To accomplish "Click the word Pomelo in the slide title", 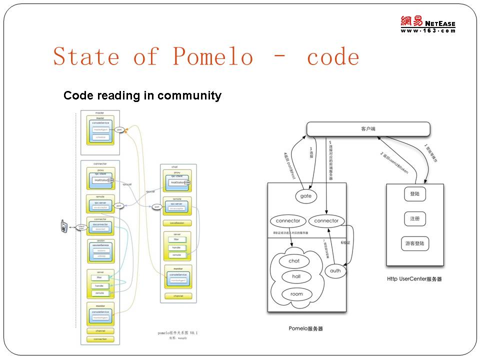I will (x=213, y=56).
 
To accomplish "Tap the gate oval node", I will (x=306, y=196).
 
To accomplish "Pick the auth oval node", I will (x=335, y=271).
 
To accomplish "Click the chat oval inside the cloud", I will (x=294, y=260).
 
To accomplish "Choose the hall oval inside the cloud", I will (x=296, y=277).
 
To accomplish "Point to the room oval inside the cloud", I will (x=296, y=294).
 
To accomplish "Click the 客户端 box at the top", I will (x=368, y=129).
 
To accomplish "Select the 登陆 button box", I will (x=414, y=194).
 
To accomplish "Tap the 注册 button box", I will (x=414, y=218).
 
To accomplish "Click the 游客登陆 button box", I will (x=415, y=243).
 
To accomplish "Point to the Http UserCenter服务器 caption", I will (x=414, y=279).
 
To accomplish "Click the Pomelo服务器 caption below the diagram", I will (x=305, y=328).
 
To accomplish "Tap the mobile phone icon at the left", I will (x=64, y=226).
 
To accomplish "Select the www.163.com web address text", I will (x=428, y=31).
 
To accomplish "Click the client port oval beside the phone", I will (x=81, y=227).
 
